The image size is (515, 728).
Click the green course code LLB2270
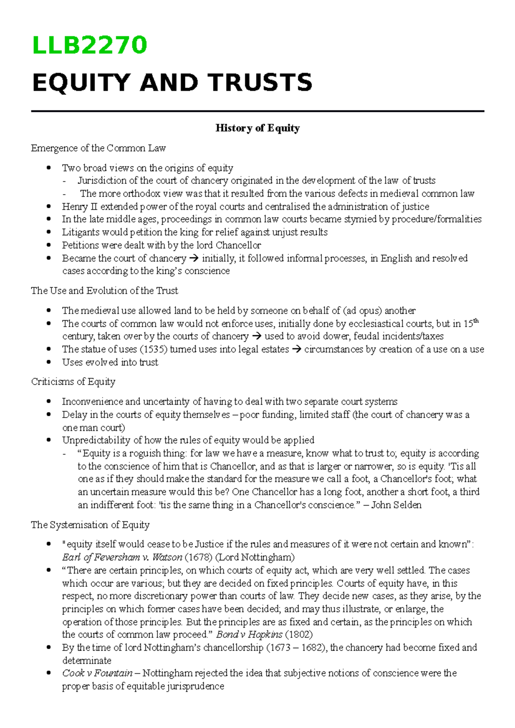click(89, 45)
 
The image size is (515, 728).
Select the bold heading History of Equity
click(257, 128)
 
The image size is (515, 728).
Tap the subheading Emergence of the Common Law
click(98, 148)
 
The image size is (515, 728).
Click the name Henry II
click(75, 207)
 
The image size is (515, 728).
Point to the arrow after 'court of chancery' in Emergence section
click(194, 259)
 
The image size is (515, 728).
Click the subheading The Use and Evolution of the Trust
click(104, 291)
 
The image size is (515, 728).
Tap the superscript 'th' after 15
click(476, 321)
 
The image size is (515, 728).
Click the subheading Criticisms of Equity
click(73, 382)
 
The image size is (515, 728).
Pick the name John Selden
click(396, 505)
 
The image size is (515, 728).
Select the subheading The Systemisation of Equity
click(90, 525)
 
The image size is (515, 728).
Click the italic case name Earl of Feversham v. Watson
click(122, 557)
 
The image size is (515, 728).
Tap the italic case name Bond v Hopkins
click(249, 635)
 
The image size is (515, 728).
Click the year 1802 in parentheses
click(299, 635)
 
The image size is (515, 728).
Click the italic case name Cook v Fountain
click(97, 673)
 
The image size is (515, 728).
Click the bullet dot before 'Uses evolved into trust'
click(49, 362)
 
